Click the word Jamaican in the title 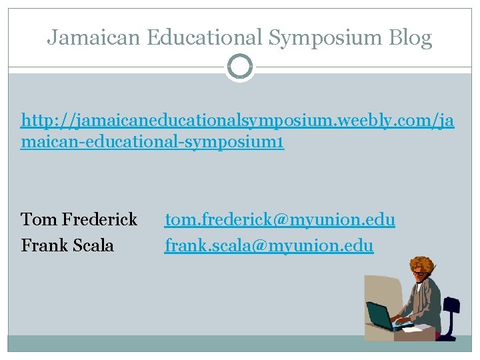point(93,38)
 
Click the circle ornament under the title point(240,67)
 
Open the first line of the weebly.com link point(237,121)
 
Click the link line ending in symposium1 point(153,143)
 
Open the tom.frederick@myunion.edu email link point(280,219)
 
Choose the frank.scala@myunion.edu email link point(269,246)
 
